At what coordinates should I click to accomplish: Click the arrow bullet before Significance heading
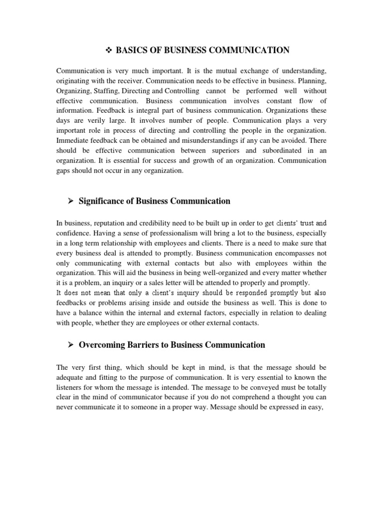tap(70, 201)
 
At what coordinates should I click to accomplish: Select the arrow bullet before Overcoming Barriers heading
tap(70, 345)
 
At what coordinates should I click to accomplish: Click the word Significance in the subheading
tap(105, 201)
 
